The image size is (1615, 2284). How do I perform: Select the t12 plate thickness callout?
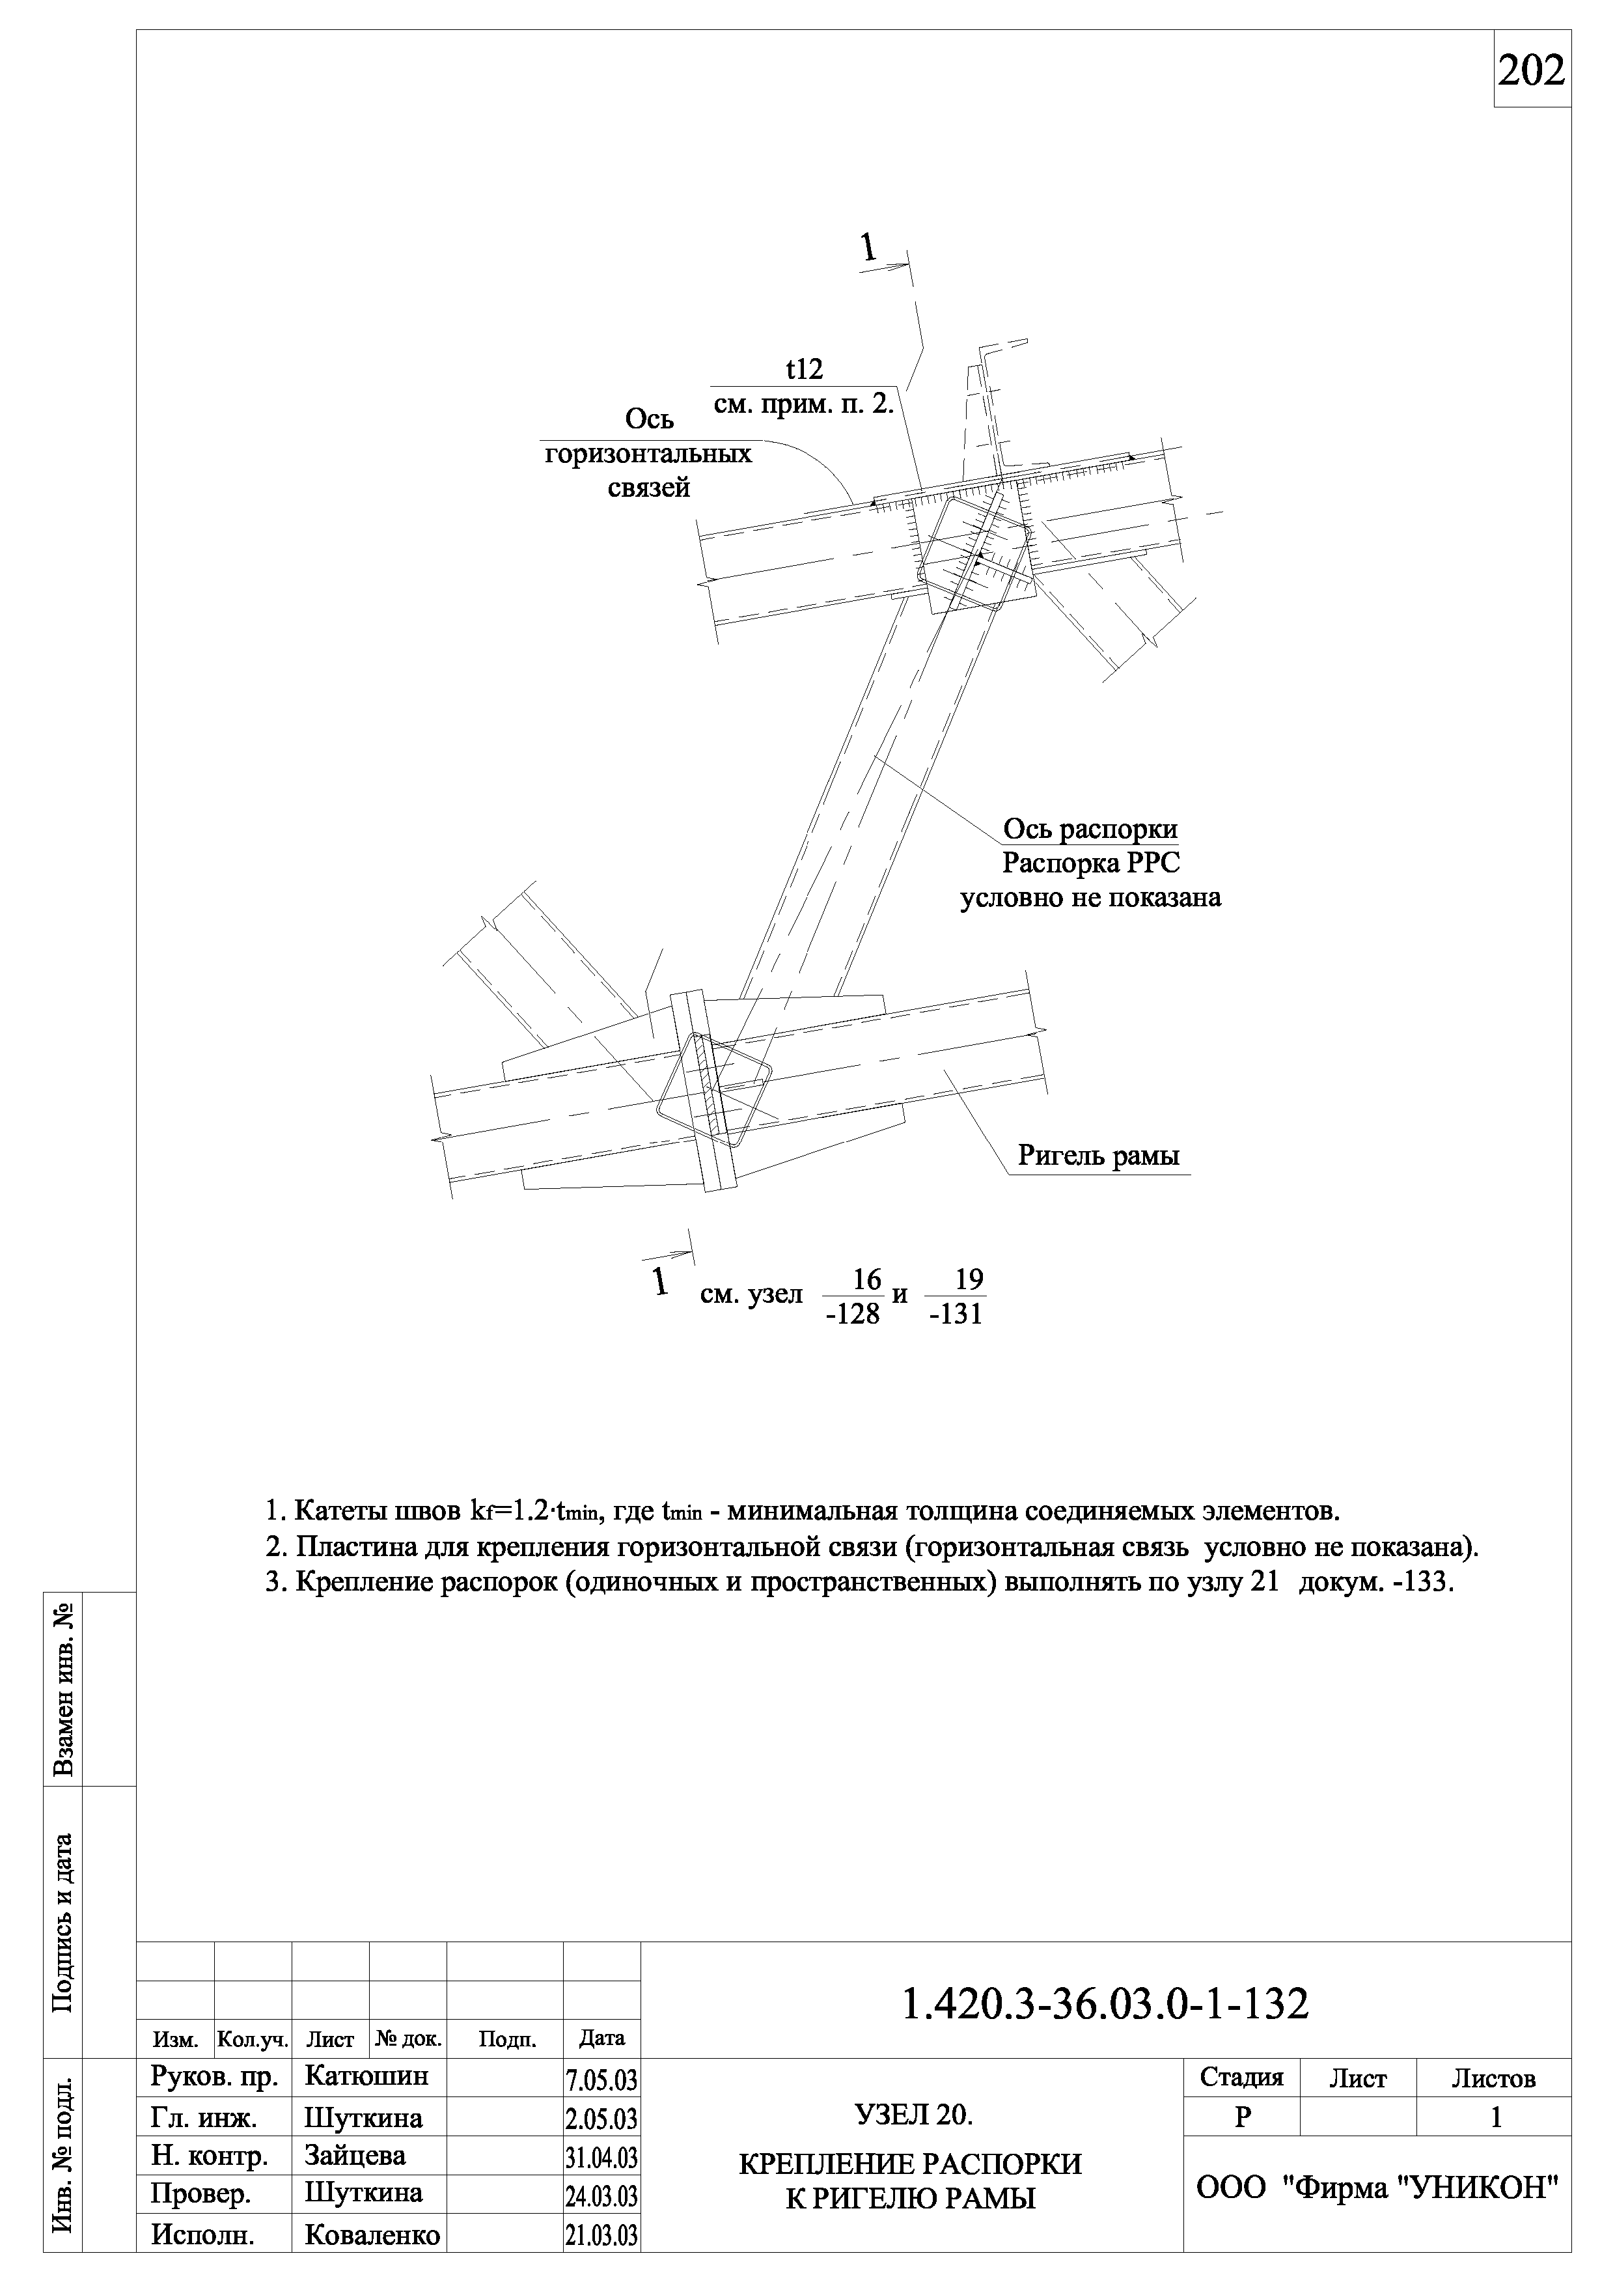click(x=805, y=370)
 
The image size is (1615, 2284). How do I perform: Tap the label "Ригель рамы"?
click(x=1098, y=1156)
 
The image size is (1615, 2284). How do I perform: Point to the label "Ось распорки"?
click(x=1090, y=829)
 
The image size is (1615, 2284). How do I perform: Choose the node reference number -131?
click(x=956, y=1315)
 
